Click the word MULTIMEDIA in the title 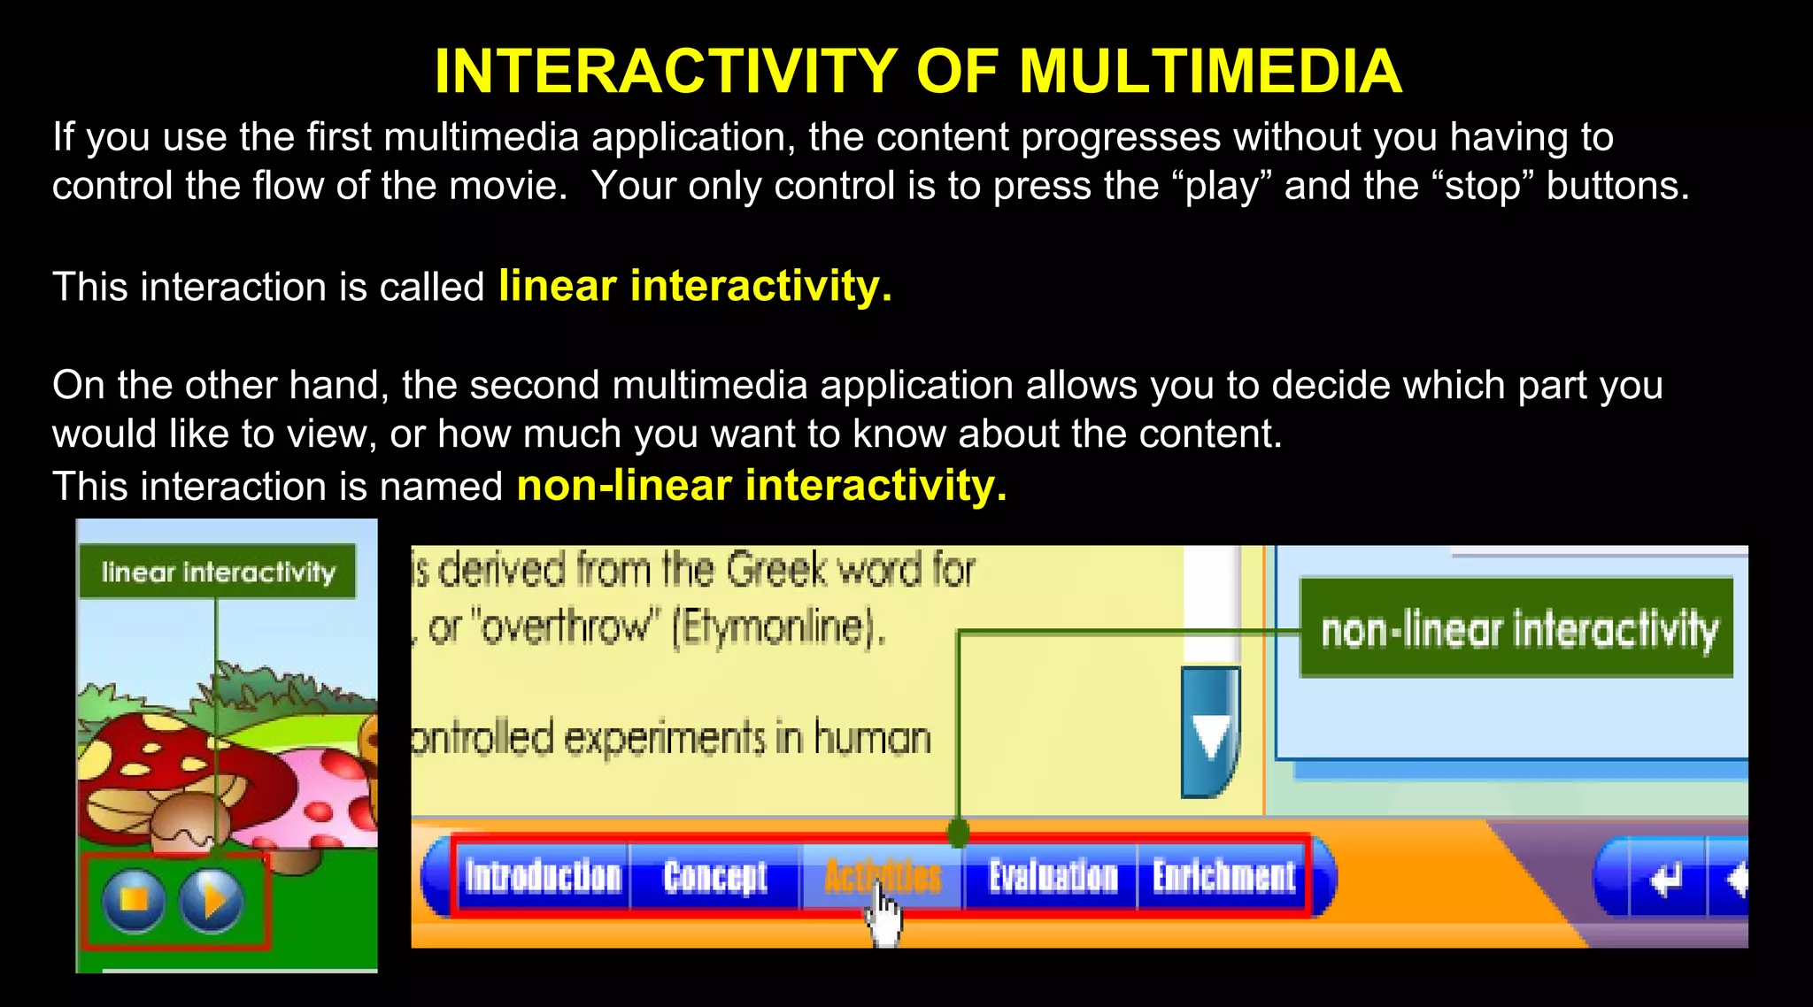coord(1210,71)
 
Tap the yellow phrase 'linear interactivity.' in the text coord(695,286)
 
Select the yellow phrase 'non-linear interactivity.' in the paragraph coord(761,486)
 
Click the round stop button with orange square coord(134,900)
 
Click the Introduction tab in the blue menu coord(543,877)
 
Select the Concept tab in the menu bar coord(715,877)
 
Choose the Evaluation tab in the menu coord(1053,877)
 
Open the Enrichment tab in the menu coord(1223,877)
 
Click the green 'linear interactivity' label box coord(218,572)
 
